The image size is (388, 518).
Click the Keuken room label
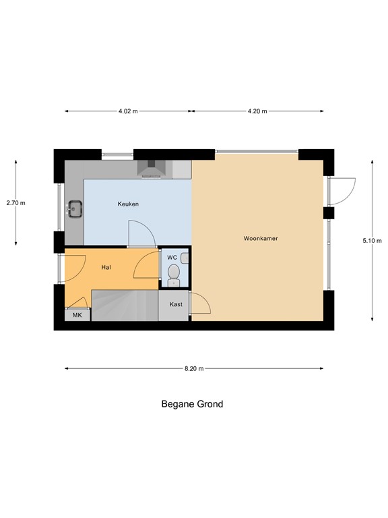pyautogui.click(x=128, y=204)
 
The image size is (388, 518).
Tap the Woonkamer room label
pyautogui.click(x=261, y=239)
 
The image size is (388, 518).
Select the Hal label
pyautogui.click(x=106, y=268)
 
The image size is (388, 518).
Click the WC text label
pyautogui.click(x=172, y=258)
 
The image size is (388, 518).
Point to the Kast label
pyautogui.click(x=176, y=304)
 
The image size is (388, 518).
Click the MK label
pyautogui.click(x=77, y=315)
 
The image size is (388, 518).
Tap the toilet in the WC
pyautogui.click(x=174, y=273)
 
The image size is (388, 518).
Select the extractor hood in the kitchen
pyautogui.click(x=152, y=169)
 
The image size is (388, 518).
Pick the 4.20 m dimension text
pyautogui.click(x=257, y=111)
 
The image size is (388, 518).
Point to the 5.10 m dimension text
pyautogui.click(x=372, y=241)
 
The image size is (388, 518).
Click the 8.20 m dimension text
pyautogui.click(x=193, y=369)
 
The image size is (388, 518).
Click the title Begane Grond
pyautogui.click(x=192, y=405)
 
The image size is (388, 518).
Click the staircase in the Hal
pyautogui.click(x=125, y=305)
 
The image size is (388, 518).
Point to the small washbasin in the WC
pyautogui.click(x=185, y=258)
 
